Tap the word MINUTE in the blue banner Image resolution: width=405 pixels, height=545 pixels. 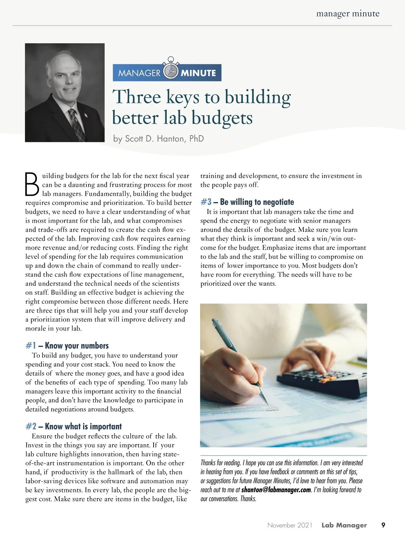[198, 73]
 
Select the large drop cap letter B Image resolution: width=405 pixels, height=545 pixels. [32, 184]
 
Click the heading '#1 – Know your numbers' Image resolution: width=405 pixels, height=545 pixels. [67, 346]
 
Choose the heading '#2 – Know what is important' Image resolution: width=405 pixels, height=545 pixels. [74, 426]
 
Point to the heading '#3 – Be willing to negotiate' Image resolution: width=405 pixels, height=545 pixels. [247, 202]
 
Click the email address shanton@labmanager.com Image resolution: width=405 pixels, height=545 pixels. [276, 490]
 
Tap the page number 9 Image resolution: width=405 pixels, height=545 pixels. [383, 525]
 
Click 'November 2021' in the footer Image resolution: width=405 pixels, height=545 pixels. [290, 525]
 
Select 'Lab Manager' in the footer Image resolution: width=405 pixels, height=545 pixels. [344, 525]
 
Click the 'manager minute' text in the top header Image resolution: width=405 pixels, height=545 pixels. [348, 14]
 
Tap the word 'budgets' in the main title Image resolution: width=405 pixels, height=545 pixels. [222, 118]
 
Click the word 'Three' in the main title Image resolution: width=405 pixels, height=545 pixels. [137, 97]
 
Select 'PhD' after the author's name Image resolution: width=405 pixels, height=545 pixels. [196, 139]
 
